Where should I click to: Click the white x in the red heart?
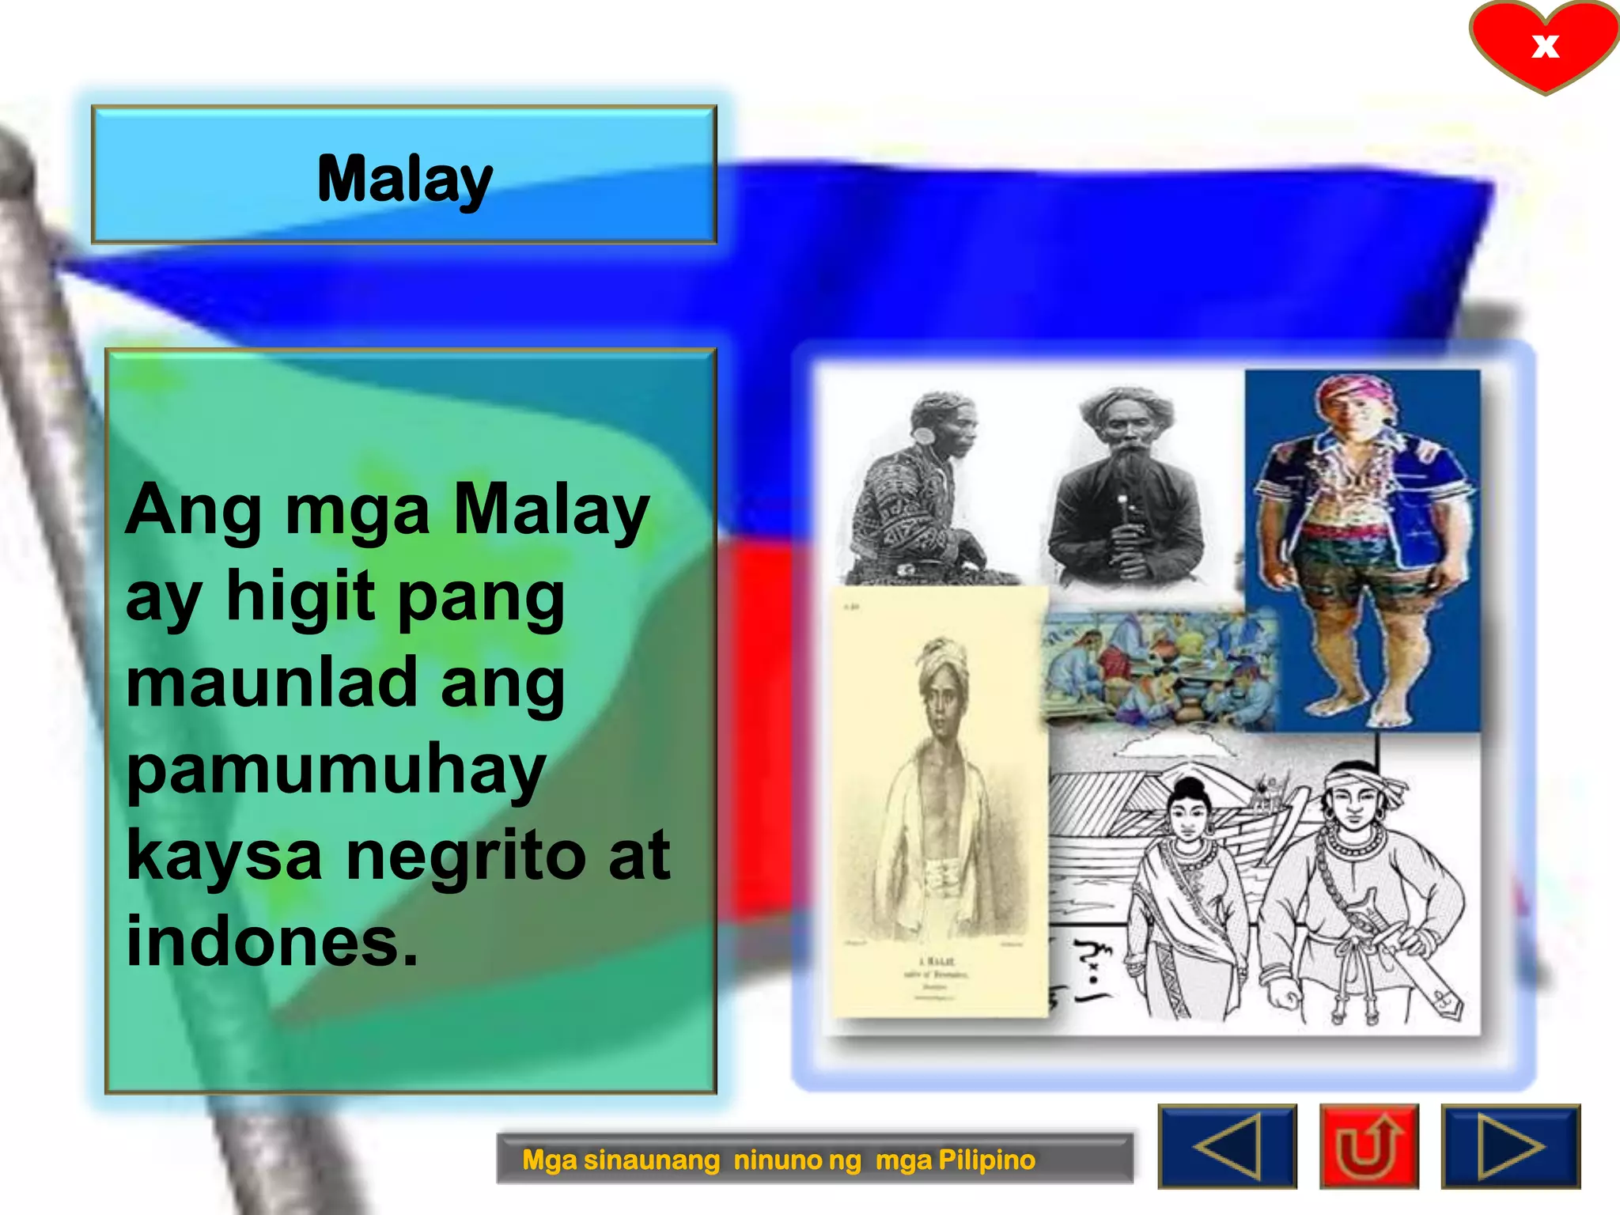tap(1545, 46)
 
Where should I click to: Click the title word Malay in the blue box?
tap(404, 180)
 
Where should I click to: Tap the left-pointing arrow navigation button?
tap(1227, 1147)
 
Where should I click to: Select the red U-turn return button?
tap(1368, 1147)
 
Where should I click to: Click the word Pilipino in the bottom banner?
tap(986, 1160)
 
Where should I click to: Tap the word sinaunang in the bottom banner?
tap(651, 1160)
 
